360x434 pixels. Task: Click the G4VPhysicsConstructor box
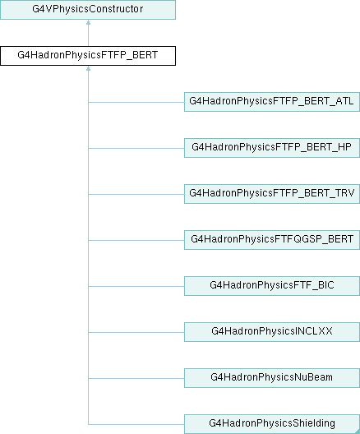coord(88,10)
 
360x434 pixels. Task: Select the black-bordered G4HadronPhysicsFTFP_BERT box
coord(88,56)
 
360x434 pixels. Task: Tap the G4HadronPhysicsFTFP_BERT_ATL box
coord(272,102)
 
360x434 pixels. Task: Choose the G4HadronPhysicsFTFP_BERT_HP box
coord(272,148)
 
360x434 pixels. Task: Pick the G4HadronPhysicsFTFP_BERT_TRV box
coord(272,194)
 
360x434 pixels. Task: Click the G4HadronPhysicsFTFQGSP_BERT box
coord(272,240)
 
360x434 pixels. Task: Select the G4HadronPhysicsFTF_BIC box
coord(272,286)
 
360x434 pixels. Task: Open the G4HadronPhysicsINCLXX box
coord(272,332)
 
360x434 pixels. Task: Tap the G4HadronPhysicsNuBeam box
coord(272,378)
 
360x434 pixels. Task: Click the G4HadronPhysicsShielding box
coord(272,424)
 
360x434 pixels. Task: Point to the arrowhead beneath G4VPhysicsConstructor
coord(88,22)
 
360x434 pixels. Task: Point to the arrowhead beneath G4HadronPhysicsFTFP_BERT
coord(88,68)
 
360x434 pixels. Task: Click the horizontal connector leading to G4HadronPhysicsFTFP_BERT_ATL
coord(136,102)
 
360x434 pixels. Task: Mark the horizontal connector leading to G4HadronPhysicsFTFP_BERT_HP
coord(136,148)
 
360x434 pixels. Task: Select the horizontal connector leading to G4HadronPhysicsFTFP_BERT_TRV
coord(136,194)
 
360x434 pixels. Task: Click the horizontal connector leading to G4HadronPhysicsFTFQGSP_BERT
coord(136,240)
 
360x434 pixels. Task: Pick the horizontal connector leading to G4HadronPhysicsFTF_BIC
coord(136,286)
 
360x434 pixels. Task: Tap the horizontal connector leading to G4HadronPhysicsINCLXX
coord(136,332)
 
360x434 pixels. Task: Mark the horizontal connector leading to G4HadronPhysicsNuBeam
coord(136,378)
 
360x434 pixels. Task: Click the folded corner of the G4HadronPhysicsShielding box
coord(358,432)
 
